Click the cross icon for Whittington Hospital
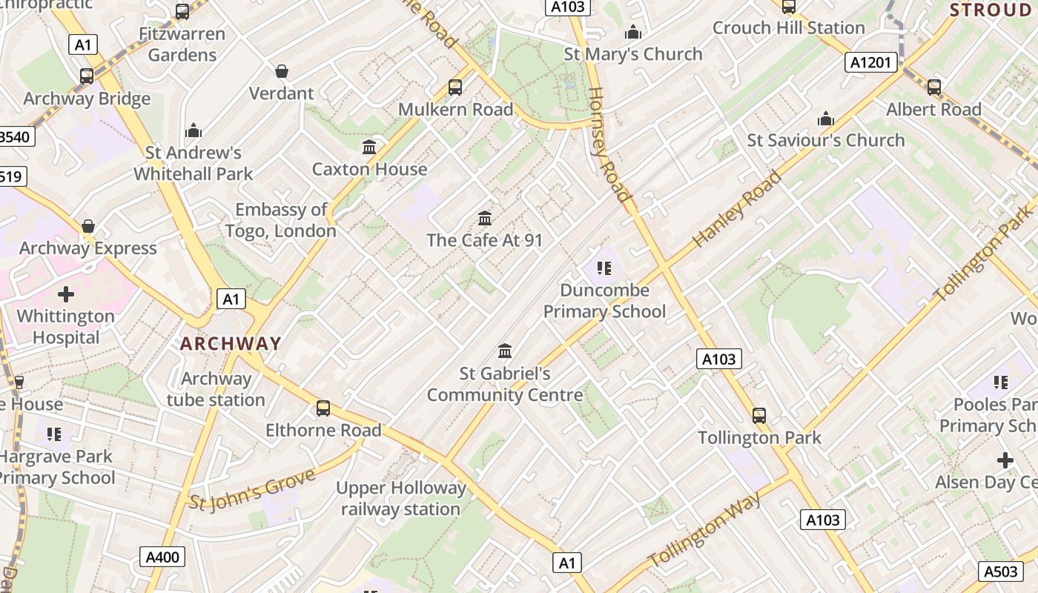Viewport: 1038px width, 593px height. pyautogui.click(x=66, y=294)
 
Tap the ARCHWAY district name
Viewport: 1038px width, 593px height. pyautogui.click(x=231, y=344)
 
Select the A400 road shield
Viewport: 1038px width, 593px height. pyautogui.click(x=162, y=557)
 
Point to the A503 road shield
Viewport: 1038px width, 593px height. pyautogui.click(x=1000, y=572)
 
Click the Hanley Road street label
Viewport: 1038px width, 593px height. pyautogui.click(x=737, y=209)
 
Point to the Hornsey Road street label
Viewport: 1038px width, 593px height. pyautogui.click(x=608, y=145)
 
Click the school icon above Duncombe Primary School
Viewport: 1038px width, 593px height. pyautogui.click(x=604, y=268)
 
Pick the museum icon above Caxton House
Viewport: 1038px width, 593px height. pyautogui.click(x=369, y=147)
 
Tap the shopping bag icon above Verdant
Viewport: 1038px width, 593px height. pyautogui.click(x=282, y=71)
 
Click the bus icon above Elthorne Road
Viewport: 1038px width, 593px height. pyautogui.click(x=323, y=408)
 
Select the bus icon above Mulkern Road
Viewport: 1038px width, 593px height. pyautogui.click(x=455, y=87)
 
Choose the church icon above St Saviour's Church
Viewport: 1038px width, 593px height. pyautogui.click(x=825, y=119)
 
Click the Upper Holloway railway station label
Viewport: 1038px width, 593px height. pyautogui.click(x=401, y=498)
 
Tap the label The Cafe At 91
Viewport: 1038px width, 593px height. pyautogui.click(x=485, y=240)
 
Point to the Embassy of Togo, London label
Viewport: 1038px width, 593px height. pyautogui.click(x=281, y=220)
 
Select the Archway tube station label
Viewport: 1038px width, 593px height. pyautogui.click(x=216, y=389)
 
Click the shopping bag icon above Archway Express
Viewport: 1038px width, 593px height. pyautogui.click(x=88, y=226)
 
